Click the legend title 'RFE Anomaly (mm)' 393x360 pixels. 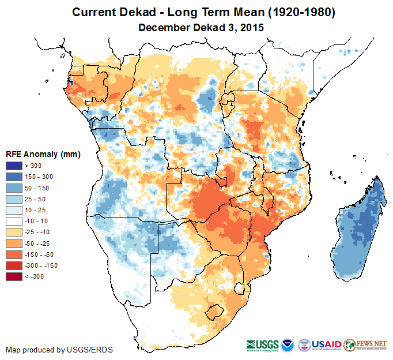43,155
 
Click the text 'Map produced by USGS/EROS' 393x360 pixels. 59,350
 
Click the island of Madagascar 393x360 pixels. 360,231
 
